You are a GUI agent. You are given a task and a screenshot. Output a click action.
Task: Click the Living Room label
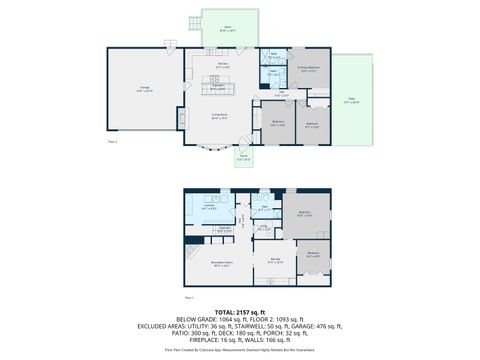point(218,116)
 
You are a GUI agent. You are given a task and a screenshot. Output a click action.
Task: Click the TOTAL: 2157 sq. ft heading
point(240,313)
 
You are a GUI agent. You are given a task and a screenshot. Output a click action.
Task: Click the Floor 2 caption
point(110,142)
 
